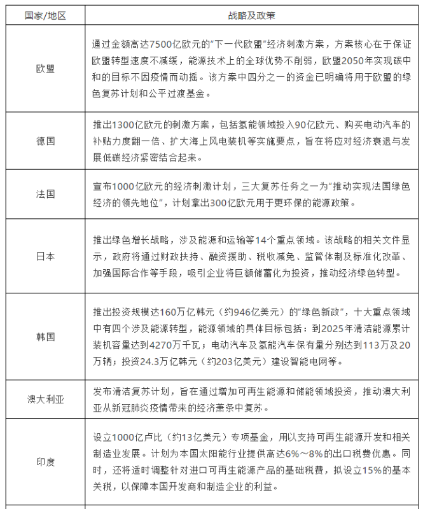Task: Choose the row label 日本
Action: [x=45, y=256]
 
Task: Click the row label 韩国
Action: [x=45, y=335]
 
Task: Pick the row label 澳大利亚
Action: [x=45, y=399]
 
